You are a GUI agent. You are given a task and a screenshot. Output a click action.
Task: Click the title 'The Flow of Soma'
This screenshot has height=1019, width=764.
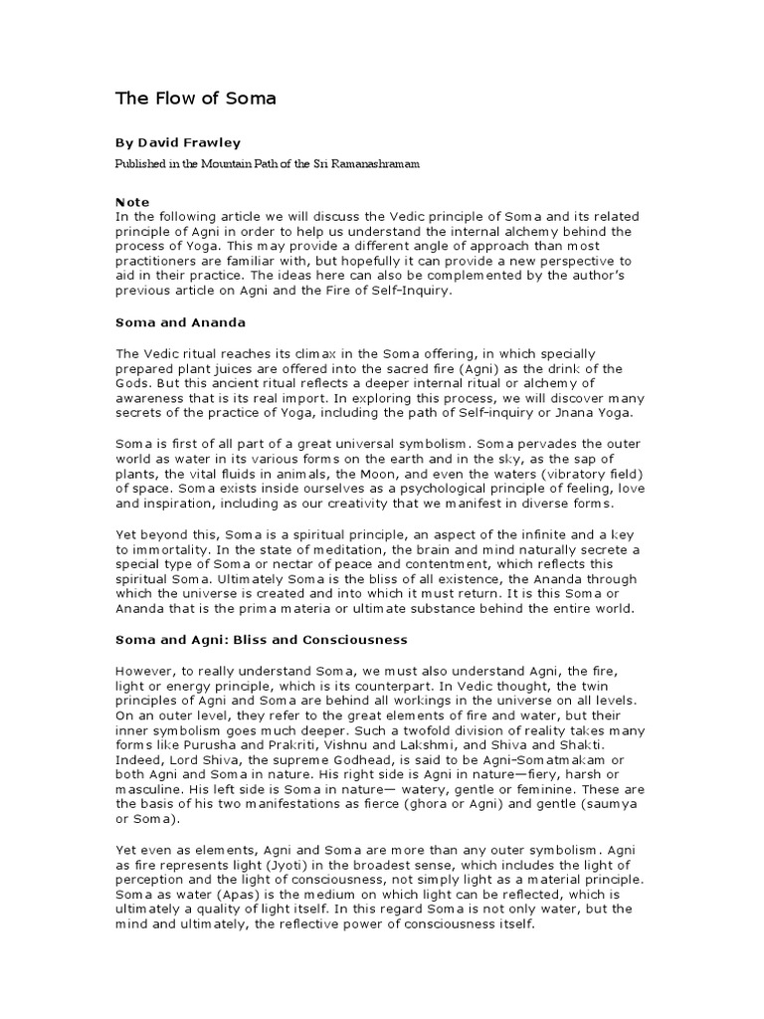pos(196,99)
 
